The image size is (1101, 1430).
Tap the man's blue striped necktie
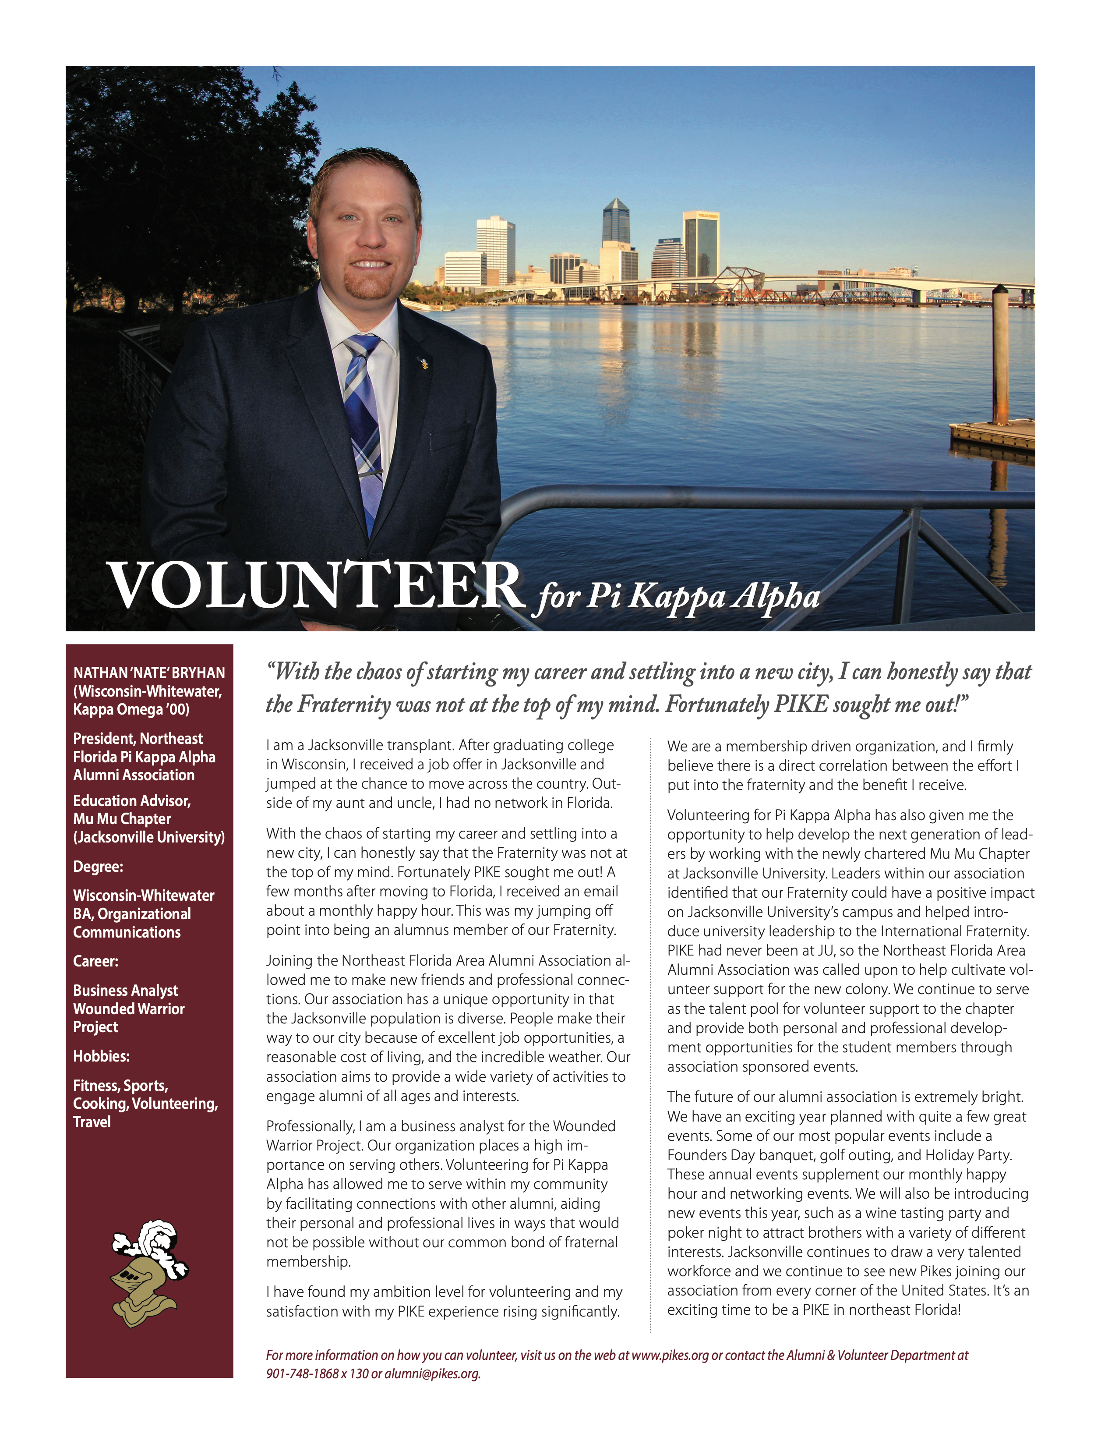pos(364,419)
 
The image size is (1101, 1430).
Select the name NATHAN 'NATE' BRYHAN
pos(149,673)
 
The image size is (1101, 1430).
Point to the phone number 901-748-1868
pos(302,1373)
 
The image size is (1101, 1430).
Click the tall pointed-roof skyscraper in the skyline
pos(615,223)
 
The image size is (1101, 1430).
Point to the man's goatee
pos(367,285)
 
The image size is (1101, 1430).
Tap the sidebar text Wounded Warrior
pos(129,1009)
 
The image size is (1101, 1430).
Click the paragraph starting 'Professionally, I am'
pos(442,1193)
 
